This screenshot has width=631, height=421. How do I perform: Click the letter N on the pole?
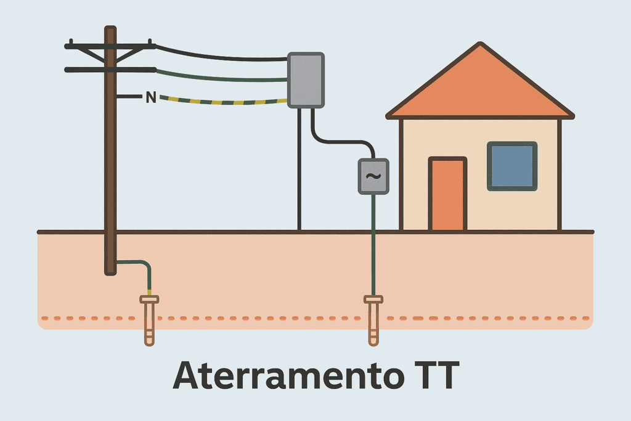click(151, 97)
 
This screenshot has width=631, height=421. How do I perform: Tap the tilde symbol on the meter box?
click(373, 176)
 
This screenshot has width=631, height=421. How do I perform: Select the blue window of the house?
click(512, 166)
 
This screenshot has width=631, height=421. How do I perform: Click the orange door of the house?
click(447, 194)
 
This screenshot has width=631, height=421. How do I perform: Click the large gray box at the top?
click(306, 80)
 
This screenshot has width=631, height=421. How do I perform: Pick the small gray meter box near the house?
click(373, 176)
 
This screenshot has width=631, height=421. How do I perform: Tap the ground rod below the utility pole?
click(149, 320)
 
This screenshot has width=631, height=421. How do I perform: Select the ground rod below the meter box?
click(373, 320)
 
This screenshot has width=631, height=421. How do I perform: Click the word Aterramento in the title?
click(288, 375)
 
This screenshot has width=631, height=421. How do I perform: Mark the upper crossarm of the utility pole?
click(110, 46)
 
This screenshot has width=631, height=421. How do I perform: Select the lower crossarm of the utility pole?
click(110, 70)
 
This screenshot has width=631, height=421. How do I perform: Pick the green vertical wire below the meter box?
click(373, 245)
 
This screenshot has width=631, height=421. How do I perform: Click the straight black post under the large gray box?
click(299, 169)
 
